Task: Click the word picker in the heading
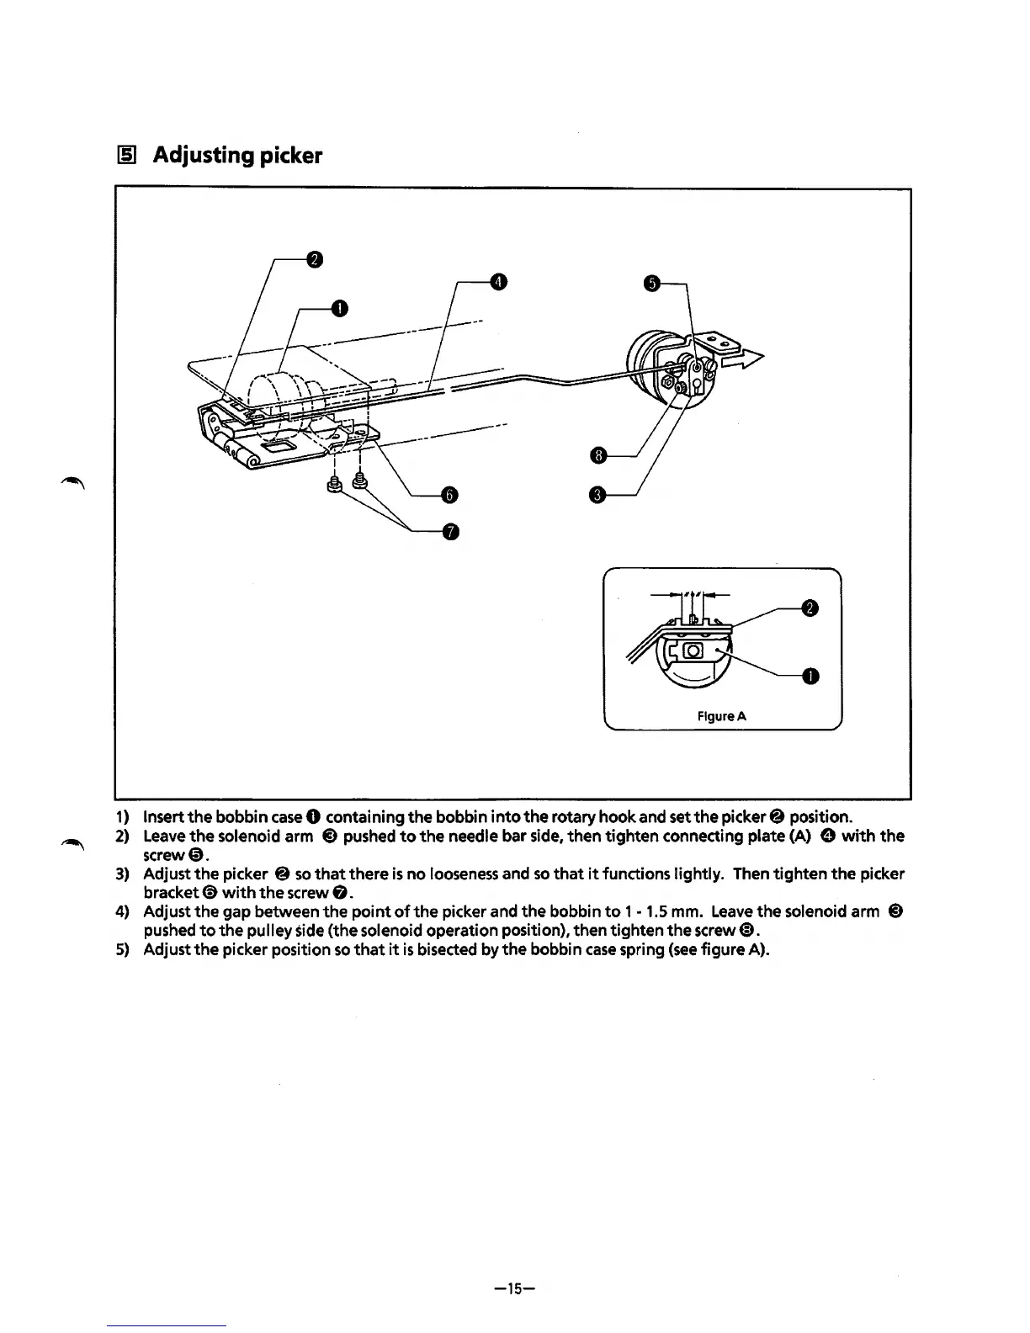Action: pyautogui.click(x=288, y=157)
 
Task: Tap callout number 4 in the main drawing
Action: pyautogui.click(x=498, y=281)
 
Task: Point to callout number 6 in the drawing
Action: pyautogui.click(x=449, y=495)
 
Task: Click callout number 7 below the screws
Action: pyautogui.click(x=451, y=531)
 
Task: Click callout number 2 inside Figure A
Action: pyautogui.click(x=808, y=608)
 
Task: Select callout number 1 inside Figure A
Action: pyautogui.click(x=808, y=677)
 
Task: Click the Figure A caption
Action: pyautogui.click(x=722, y=717)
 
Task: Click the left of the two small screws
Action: pyautogui.click(x=335, y=486)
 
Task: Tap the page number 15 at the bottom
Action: pyautogui.click(x=515, y=1288)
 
